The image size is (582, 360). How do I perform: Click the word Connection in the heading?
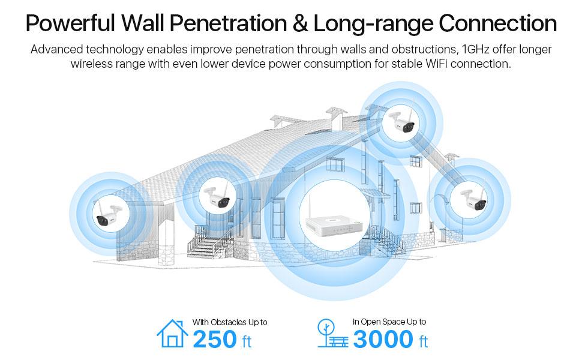pos(497,23)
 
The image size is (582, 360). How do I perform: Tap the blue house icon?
pos(172,333)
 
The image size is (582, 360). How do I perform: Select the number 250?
pos(215,339)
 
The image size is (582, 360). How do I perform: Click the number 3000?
pos(383,339)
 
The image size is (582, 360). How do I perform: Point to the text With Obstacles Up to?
pos(230,322)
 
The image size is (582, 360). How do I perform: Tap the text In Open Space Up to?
pos(389,322)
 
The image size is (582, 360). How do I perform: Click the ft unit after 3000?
pos(424,341)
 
